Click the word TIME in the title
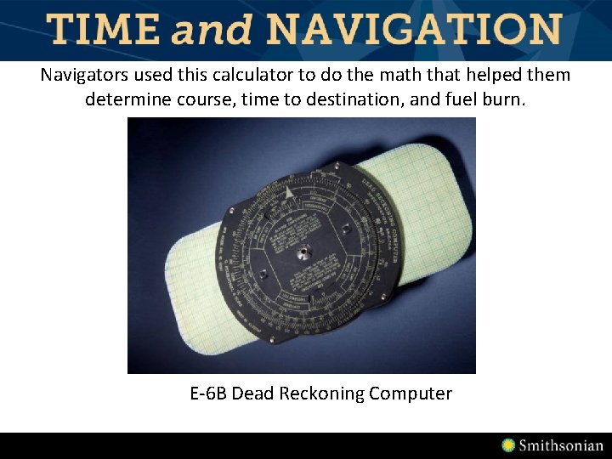(x=102, y=30)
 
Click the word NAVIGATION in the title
(x=413, y=30)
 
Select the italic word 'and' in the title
(x=212, y=31)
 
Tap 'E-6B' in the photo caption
(x=208, y=394)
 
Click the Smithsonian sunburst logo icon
(x=508, y=445)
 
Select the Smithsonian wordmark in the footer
(x=561, y=445)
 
